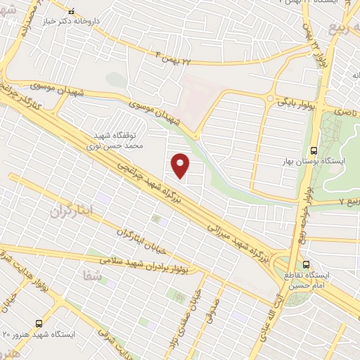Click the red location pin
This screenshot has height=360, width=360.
click(x=181, y=165)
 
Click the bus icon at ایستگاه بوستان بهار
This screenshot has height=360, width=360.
click(x=313, y=149)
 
